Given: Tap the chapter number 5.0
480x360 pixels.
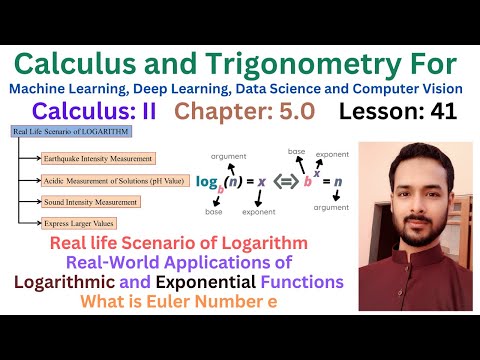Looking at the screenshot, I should point(300,113).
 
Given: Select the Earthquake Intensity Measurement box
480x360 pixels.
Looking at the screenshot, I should point(97,158).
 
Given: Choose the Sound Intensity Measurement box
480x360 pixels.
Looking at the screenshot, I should point(90,203).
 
